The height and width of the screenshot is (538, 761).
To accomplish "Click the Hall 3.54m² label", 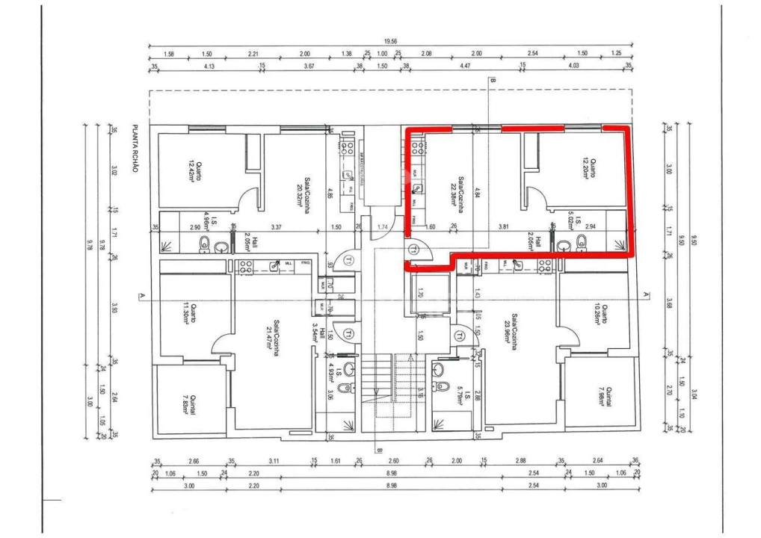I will (x=321, y=340).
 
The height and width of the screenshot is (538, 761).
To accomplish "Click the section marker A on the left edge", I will (x=141, y=297).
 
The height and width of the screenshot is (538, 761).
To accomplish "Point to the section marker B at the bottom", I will (x=379, y=450).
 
